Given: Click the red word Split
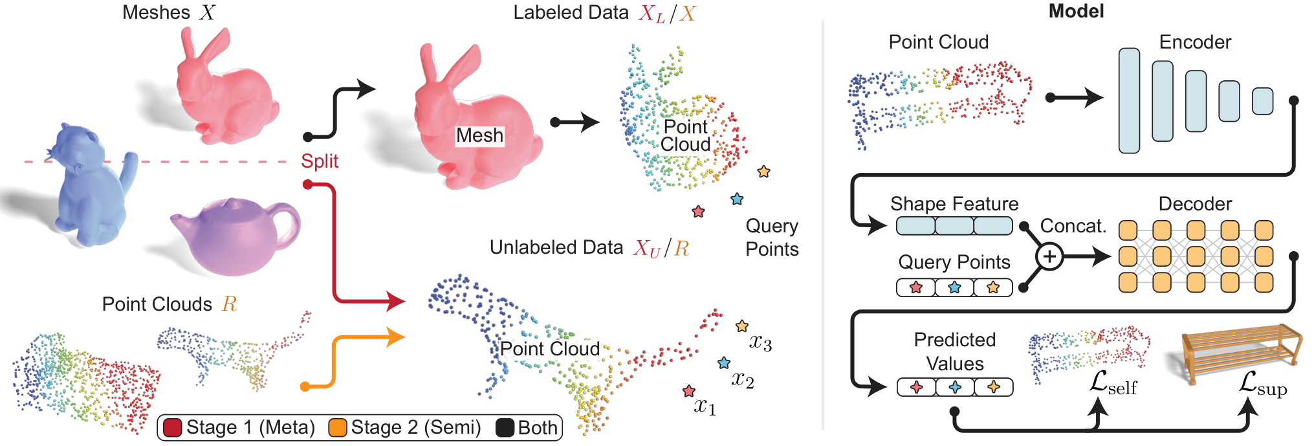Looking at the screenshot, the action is (x=320, y=161).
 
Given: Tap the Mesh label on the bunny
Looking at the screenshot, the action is (x=479, y=135).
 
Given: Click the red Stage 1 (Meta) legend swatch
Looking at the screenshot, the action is (x=172, y=428).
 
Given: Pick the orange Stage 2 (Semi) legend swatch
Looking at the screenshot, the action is (x=338, y=428).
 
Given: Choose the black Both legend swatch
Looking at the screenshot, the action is (x=505, y=428).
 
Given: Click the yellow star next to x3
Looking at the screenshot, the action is (x=742, y=326).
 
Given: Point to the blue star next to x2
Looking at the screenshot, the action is (x=724, y=363).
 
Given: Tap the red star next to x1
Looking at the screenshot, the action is (x=689, y=391).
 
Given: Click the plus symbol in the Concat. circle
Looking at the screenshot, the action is (x=1049, y=257).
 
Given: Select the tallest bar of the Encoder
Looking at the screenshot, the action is (x=1129, y=100).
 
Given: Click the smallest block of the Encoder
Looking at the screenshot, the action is (x=1262, y=101).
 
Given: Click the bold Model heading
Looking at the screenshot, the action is (x=1076, y=11).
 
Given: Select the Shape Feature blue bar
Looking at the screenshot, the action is (x=954, y=226).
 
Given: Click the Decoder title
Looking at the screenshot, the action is (x=1195, y=204).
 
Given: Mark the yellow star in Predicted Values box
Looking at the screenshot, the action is (x=994, y=387).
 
